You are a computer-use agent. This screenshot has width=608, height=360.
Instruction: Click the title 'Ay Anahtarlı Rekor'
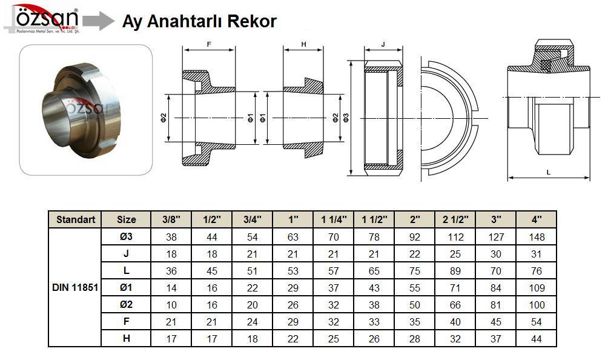(199, 22)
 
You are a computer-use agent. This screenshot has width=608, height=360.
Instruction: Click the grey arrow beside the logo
(98, 21)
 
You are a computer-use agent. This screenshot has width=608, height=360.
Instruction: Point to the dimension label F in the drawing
(209, 45)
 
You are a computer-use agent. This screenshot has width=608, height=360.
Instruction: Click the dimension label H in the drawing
(303, 45)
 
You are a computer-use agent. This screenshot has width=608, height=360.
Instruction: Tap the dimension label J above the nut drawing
(383, 45)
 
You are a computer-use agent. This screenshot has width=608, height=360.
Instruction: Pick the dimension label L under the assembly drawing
(549, 173)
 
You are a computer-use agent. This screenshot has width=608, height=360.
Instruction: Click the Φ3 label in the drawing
(346, 118)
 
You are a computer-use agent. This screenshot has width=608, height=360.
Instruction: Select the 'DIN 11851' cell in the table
(75, 288)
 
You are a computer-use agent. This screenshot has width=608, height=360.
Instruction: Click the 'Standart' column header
(75, 219)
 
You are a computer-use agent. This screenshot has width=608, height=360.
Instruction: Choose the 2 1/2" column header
(455, 219)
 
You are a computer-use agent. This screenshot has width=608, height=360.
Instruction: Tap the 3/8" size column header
(171, 219)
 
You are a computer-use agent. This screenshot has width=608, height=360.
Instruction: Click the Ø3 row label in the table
(127, 237)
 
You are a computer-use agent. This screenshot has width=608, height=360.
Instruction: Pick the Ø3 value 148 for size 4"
(537, 237)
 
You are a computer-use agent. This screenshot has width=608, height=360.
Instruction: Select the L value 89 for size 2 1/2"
(455, 271)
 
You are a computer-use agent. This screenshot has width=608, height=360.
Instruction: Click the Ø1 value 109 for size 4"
(537, 288)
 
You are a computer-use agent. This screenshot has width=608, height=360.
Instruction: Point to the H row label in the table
(127, 339)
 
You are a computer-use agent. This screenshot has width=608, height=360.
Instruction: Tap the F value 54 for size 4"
(537, 322)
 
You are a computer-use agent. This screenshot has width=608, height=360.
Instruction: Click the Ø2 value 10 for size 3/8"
(171, 305)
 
